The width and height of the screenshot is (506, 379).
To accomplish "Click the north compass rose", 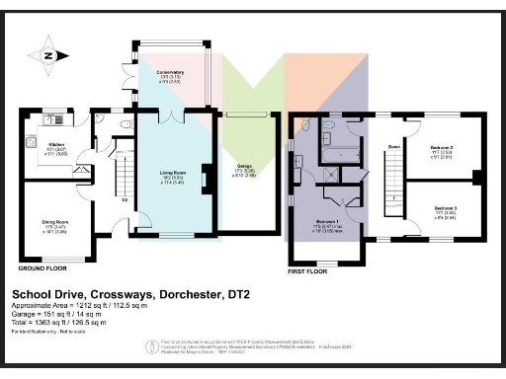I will point(45,55).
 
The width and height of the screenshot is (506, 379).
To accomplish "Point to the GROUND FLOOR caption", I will point(43,267).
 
